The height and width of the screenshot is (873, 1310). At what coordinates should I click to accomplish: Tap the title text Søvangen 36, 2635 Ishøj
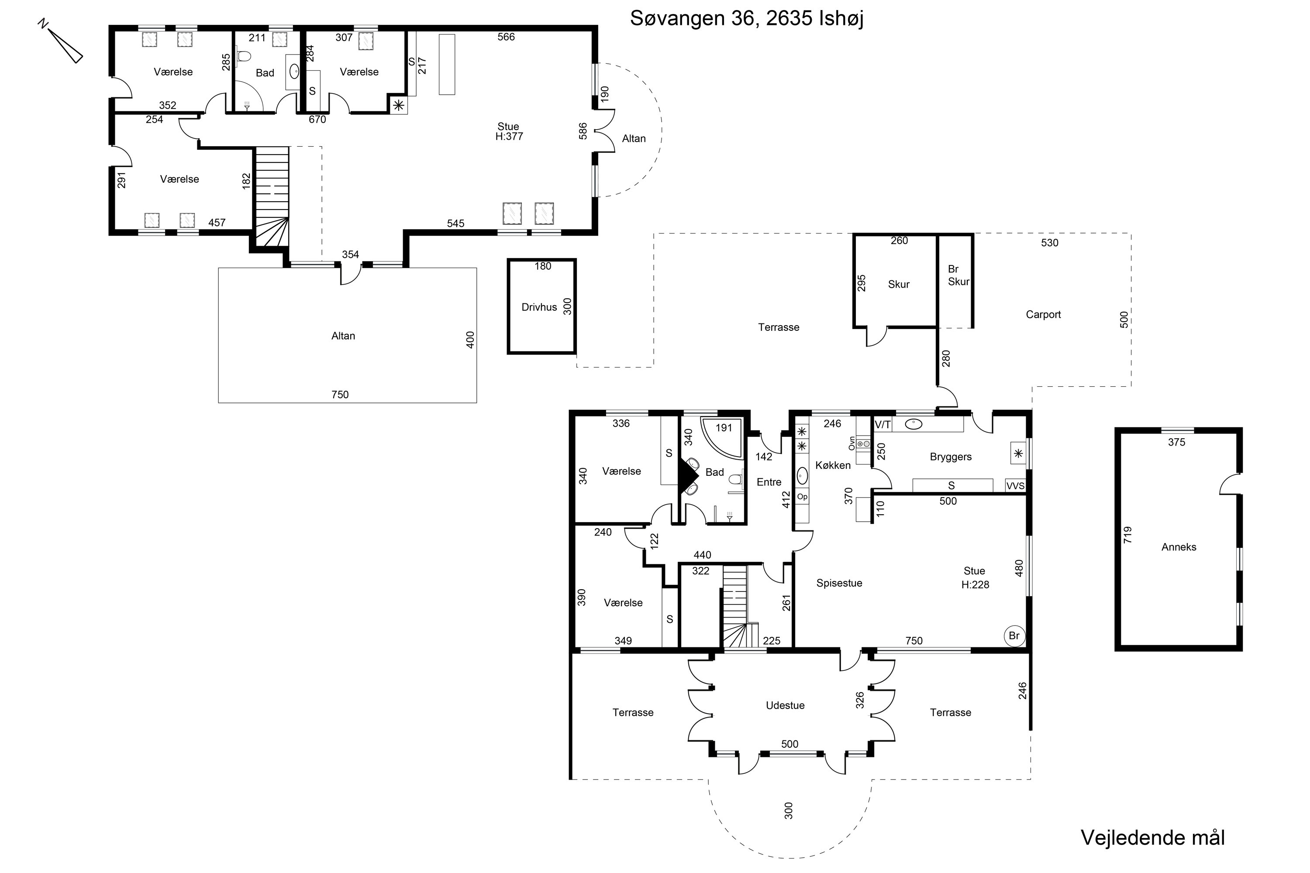746,19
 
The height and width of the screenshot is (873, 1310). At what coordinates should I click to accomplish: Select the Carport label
1043,315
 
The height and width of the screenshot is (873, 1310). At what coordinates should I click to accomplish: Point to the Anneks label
1179,547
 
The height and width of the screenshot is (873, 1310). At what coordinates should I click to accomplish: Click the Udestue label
785,705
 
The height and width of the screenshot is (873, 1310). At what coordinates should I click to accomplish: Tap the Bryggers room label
951,457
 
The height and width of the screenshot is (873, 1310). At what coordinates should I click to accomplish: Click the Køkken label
833,465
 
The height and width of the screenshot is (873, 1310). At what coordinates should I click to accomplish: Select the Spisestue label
839,583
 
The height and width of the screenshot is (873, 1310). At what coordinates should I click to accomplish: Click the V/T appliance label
883,425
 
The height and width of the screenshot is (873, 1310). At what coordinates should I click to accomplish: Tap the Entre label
769,482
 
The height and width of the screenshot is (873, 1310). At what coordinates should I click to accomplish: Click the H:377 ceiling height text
509,136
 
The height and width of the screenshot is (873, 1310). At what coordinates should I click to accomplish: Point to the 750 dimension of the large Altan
340,395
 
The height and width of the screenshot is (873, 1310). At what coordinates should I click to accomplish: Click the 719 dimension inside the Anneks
1128,535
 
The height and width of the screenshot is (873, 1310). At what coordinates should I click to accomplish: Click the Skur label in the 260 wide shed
898,285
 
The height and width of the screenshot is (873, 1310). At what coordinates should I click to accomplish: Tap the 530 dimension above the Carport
1049,243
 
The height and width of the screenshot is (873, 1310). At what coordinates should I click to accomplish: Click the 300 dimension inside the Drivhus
568,306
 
